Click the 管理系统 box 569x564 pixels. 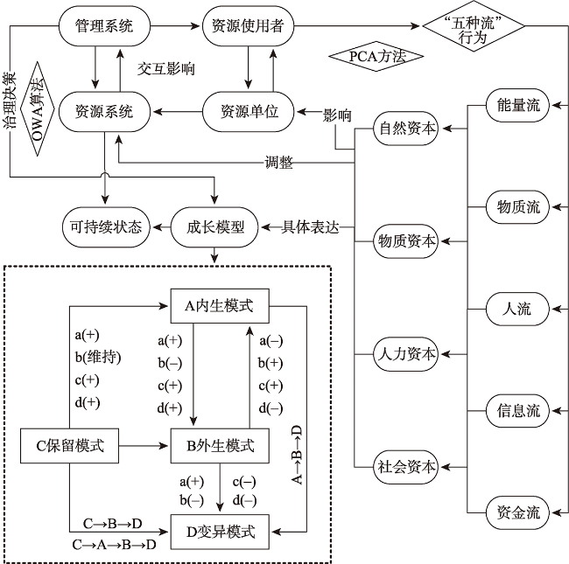103,26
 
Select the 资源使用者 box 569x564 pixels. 247,26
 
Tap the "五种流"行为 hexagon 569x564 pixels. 474,26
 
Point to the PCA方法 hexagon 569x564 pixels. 376,57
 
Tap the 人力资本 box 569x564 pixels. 407,354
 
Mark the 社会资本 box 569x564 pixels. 407,466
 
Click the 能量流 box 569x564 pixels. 518,106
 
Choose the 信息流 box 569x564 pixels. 518,410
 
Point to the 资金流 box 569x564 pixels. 518,512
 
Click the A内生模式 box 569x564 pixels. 219,305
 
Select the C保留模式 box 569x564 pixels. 70,446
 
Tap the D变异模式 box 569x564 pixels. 220,530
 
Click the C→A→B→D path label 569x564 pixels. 113,544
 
